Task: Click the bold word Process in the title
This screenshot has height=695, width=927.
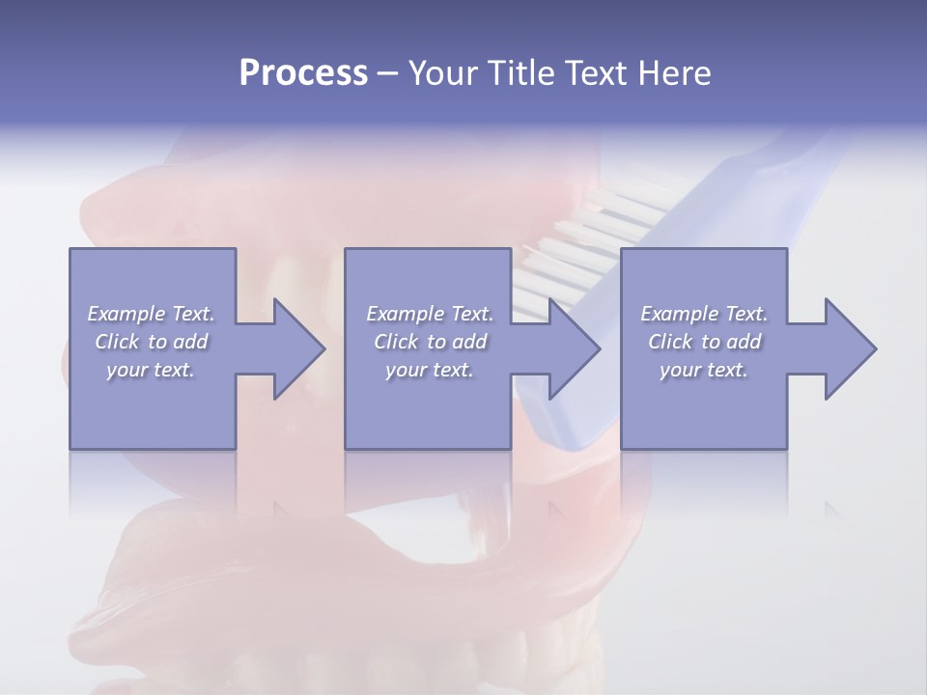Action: click(303, 73)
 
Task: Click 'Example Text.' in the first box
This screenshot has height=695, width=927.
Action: click(151, 314)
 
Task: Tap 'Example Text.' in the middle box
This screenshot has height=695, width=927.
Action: click(430, 314)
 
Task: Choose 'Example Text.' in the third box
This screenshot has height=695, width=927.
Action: click(704, 314)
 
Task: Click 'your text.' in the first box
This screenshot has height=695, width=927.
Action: click(151, 370)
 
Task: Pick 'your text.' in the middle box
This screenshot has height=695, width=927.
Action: click(430, 370)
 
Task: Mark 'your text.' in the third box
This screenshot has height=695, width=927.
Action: click(704, 370)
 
